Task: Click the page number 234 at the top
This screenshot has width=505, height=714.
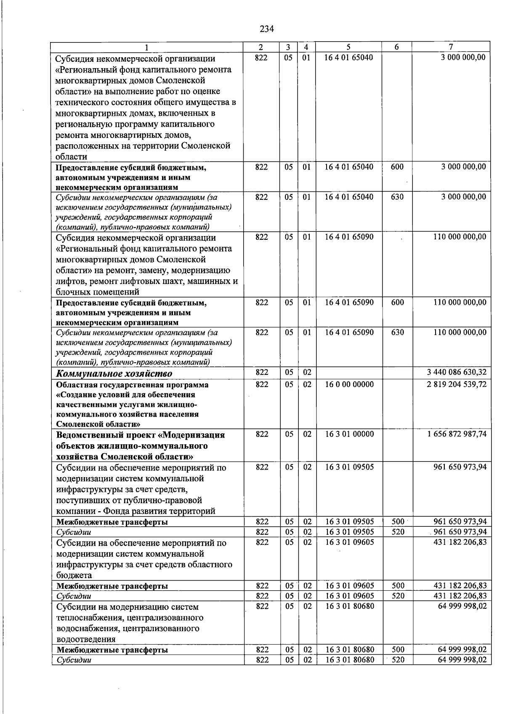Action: pos(267,29)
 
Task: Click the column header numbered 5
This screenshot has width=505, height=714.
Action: pos(348,47)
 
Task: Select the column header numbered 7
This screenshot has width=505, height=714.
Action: pos(451,47)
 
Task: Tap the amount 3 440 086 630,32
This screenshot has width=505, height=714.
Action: pos(456,372)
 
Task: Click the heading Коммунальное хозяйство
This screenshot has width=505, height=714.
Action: pos(114,374)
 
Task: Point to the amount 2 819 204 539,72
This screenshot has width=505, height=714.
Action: pos(456,384)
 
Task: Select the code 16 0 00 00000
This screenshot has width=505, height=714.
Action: pos(348,384)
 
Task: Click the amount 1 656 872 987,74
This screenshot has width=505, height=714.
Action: pos(456,434)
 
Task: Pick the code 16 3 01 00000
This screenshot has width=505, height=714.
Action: pos(348,434)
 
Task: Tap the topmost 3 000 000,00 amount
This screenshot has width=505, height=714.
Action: pos(463,57)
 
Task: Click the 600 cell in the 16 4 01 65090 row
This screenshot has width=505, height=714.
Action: pos(397,302)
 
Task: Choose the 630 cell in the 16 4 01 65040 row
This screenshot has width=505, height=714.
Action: pos(397,196)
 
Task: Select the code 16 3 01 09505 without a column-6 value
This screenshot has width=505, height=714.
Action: pos(348,467)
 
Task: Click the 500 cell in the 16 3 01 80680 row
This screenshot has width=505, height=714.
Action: pos(397,650)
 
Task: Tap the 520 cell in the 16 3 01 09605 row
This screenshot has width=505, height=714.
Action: pos(397,596)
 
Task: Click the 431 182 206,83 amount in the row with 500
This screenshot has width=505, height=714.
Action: pos(460,586)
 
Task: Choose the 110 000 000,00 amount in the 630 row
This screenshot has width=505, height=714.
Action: pos(460,332)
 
